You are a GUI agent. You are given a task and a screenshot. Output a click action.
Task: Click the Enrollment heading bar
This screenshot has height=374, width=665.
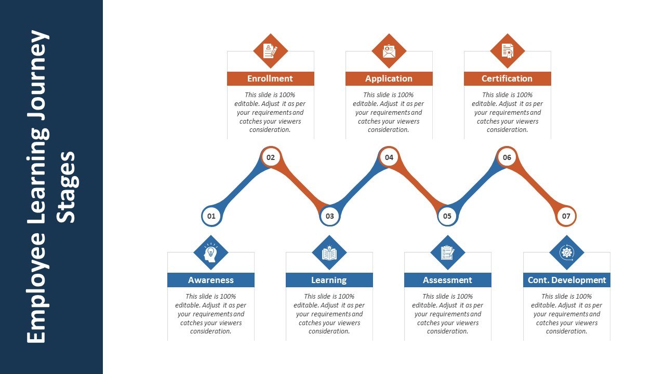pyautogui.click(x=271, y=78)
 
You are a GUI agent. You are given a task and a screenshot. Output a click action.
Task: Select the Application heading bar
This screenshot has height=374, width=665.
pyautogui.click(x=389, y=78)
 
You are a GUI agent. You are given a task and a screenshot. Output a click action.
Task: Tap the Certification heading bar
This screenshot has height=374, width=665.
pyautogui.click(x=508, y=78)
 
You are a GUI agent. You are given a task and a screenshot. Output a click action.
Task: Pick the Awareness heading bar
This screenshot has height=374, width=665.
pyautogui.click(x=211, y=280)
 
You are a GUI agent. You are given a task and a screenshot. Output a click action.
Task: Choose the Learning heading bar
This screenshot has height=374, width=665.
pyautogui.click(x=329, y=280)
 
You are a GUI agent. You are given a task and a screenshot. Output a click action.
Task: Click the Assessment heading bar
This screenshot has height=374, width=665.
pyautogui.click(x=448, y=280)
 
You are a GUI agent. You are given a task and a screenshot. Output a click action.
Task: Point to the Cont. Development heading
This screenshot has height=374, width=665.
pyautogui.click(x=567, y=280)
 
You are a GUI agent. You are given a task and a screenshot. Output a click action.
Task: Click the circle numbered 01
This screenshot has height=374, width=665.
pyautogui.click(x=211, y=216)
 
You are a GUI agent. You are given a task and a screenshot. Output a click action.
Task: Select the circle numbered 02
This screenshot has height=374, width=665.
pyautogui.click(x=271, y=157)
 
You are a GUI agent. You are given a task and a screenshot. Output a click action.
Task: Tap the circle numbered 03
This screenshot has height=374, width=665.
pyautogui.click(x=329, y=216)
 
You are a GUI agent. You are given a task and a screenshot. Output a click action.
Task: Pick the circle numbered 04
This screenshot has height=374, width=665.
pyautogui.click(x=389, y=157)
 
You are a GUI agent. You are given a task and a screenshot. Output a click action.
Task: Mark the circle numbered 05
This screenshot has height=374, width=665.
pyautogui.click(x=447, y=216)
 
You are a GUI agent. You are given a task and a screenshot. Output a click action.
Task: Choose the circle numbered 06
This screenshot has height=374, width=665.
pyautogui.click(x=507, y=157)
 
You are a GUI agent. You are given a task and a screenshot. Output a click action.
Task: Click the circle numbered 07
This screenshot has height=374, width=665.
pyautogui.click(x=566, y=216)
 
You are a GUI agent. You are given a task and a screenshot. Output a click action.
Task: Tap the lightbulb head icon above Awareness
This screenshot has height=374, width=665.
pyautogui.click(x=211, y=253)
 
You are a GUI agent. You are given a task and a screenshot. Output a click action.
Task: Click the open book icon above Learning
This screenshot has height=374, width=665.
pyautogui.click(x=329, y=253)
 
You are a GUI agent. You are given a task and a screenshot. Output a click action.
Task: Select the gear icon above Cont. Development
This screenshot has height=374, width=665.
pyautogui.click(x=567, y=252)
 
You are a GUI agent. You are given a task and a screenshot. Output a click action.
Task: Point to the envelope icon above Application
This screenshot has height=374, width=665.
pyautogui.click(x=389, y=51)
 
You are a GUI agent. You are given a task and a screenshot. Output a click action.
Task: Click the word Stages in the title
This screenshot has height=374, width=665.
pyautogui.click(x=66, y=188)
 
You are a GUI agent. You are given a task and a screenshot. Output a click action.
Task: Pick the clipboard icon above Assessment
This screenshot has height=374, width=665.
pyautogui.click(x=448, y=253)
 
